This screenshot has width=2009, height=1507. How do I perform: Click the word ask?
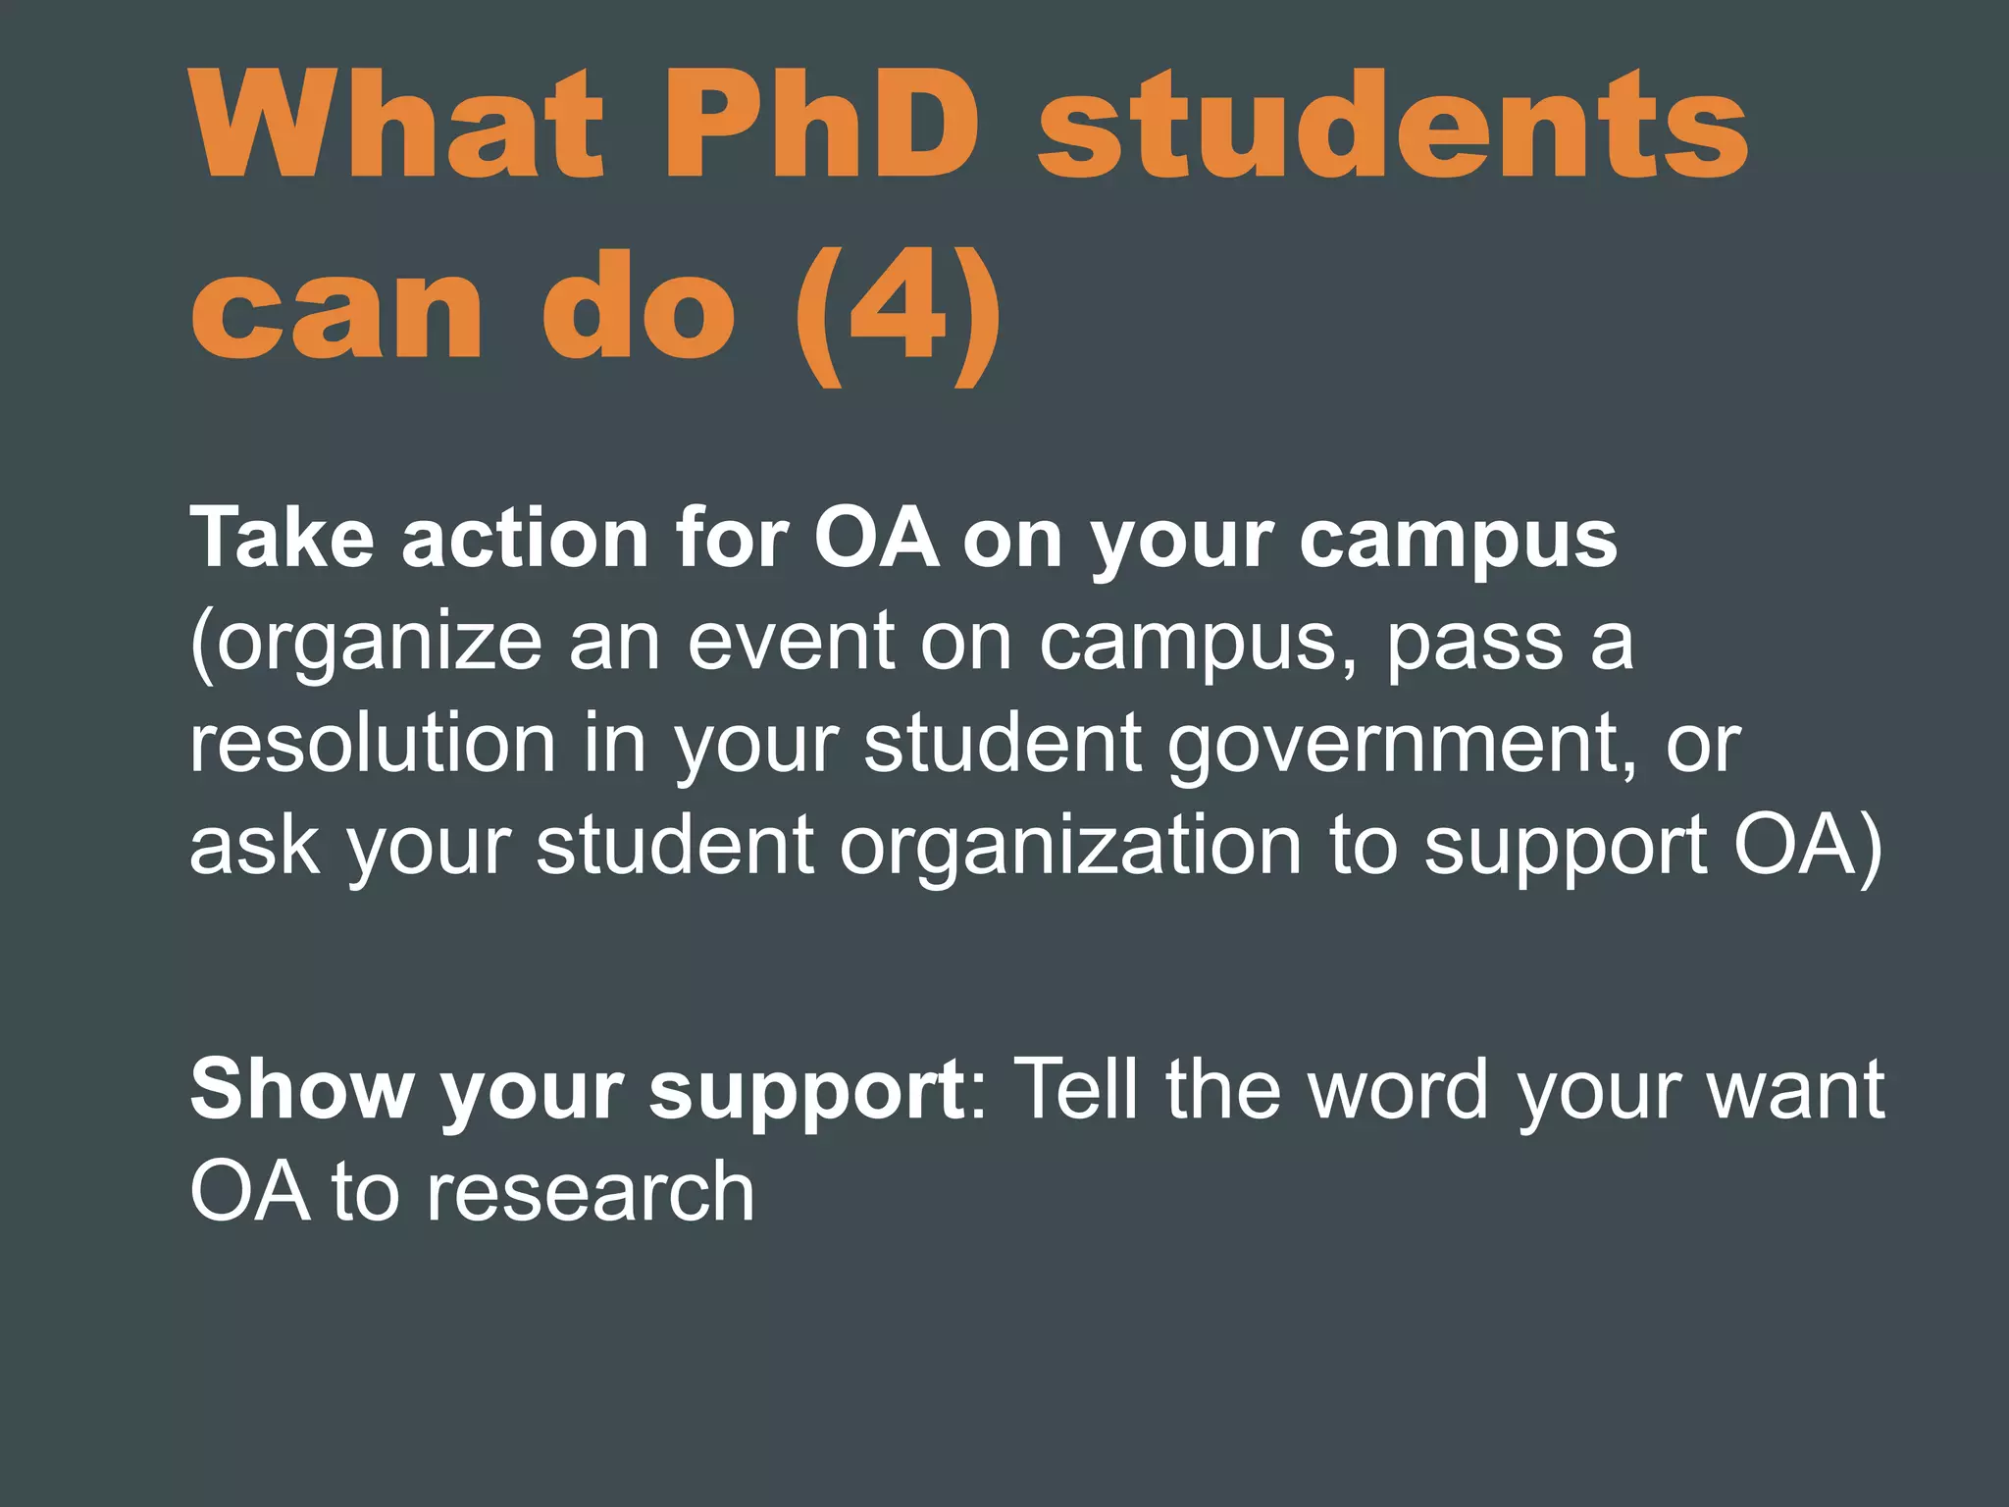pyautogui.click(x=253, y=845)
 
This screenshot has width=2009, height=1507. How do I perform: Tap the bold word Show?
pyautogui.click(x=302, y=1089)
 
